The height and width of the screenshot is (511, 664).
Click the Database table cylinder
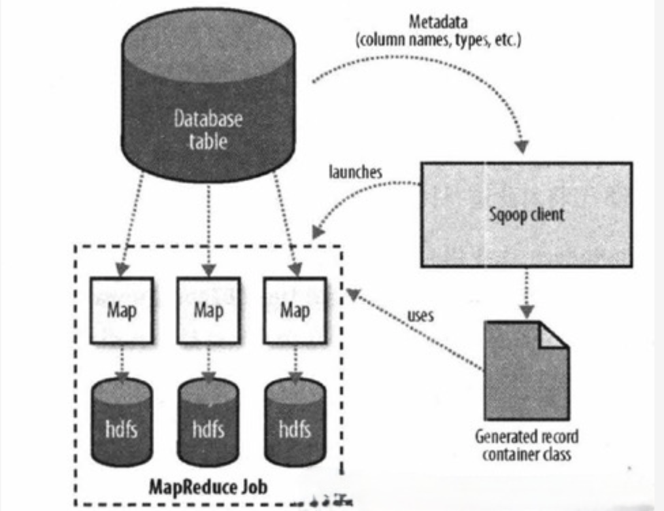point(208,95)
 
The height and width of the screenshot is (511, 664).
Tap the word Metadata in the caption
point(438,22)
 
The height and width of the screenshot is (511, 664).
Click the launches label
point(356,172)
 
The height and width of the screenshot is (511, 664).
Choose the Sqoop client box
point(527,215)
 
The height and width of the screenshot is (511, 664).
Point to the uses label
point(420,315)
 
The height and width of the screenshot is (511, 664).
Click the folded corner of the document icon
point(554,335)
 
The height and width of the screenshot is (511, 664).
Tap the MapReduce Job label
point(208,487)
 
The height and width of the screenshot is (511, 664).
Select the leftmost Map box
point(122,310)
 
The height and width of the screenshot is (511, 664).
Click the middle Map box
point(208,310)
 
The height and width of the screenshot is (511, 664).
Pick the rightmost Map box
point(295,310)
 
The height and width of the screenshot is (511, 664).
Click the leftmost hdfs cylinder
point(122,422)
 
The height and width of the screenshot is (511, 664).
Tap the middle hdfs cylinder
point(208,422)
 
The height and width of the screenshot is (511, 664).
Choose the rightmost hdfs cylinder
point(295,422)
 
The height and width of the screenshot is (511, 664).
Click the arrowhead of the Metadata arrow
point(522,147)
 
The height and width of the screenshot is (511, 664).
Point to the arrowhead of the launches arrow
point(318,232)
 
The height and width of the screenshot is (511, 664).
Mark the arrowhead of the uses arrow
point(353,294)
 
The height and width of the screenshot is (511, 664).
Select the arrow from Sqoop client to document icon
point(527,293)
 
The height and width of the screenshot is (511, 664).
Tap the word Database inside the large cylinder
point(208,119)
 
